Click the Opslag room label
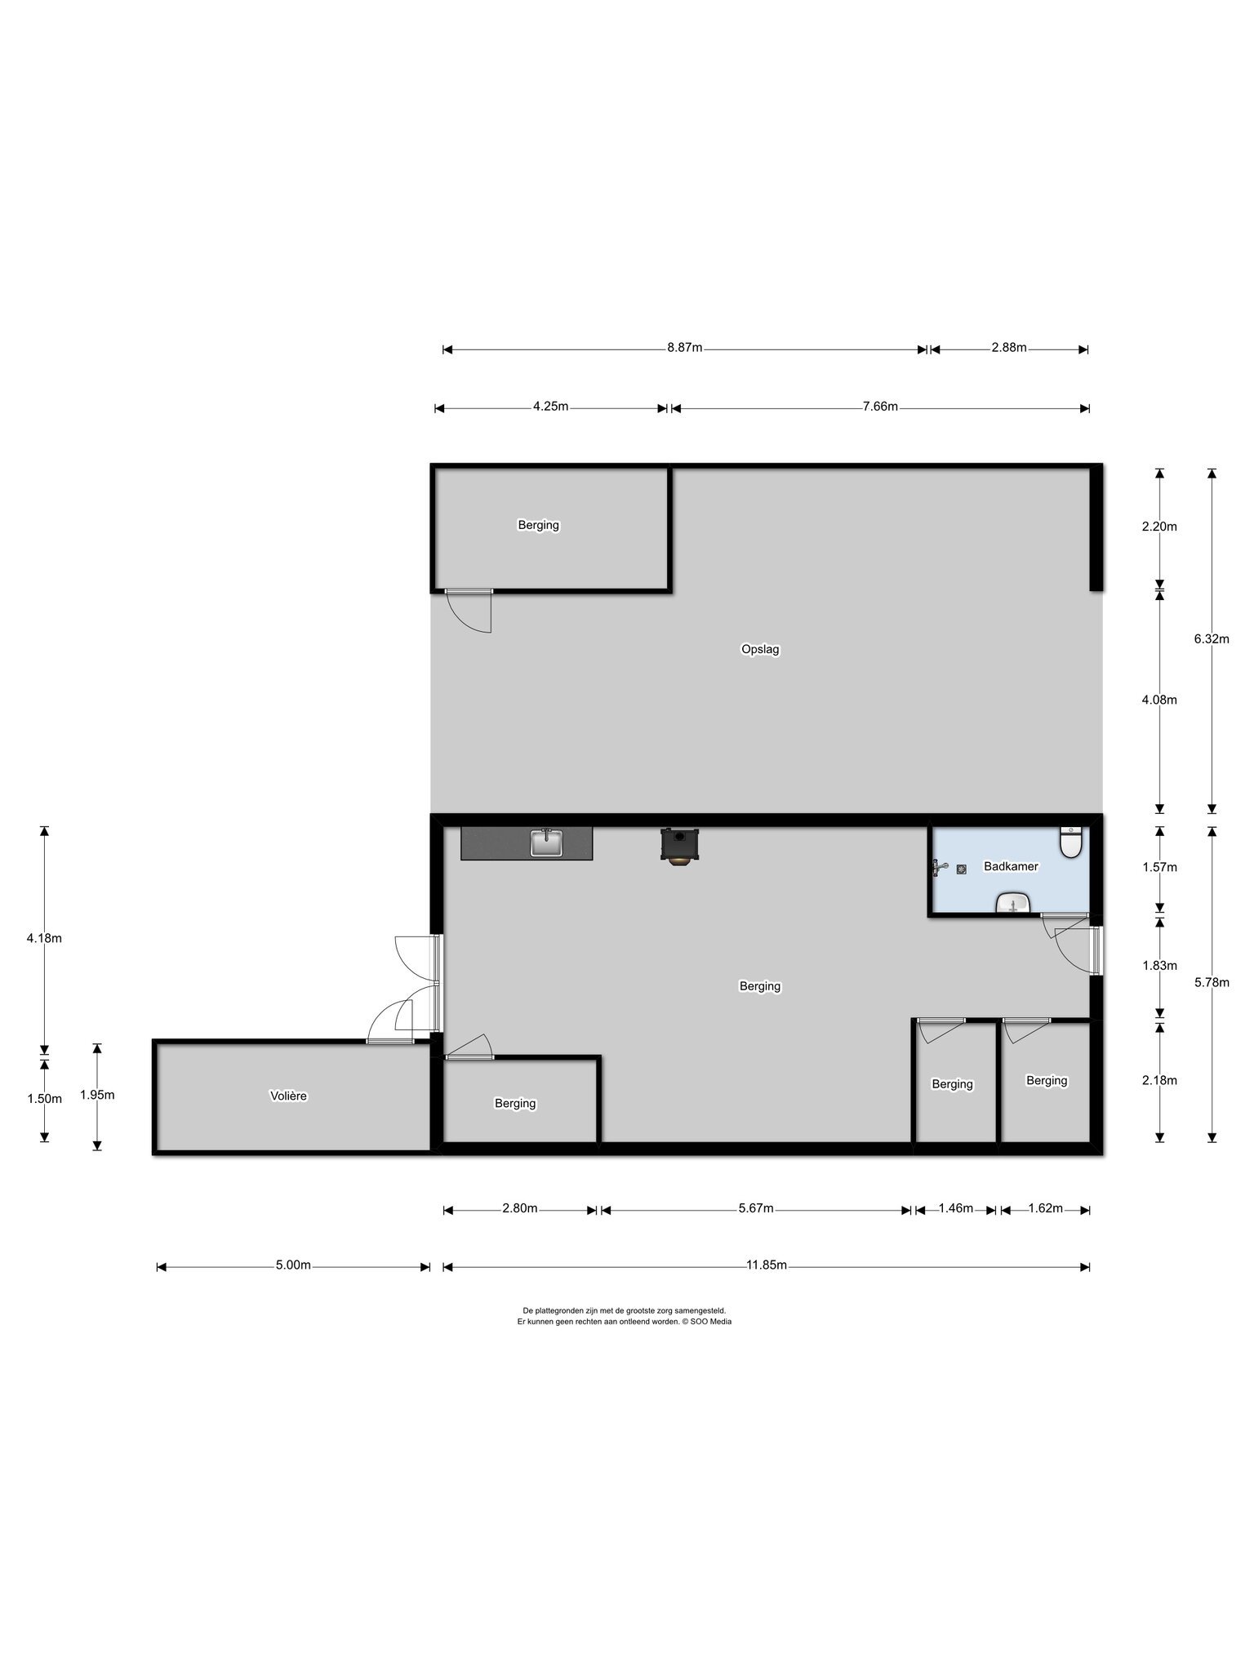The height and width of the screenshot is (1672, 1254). tap(760, 651)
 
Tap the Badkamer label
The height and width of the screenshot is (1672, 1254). tap(1011, 866)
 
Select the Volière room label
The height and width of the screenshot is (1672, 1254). tap(288, 1096)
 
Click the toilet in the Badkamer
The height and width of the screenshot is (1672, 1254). tap(1070, 843)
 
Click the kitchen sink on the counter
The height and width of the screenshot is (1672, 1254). tap(546, 843)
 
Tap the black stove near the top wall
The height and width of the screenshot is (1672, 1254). tap(678, 846)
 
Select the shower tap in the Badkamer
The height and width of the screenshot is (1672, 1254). tap(940, 868)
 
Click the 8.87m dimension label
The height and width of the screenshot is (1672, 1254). tap(684, 348)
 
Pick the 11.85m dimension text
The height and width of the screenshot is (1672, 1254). tap(766, 1266)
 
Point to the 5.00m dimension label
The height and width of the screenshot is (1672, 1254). tap(293, 1266)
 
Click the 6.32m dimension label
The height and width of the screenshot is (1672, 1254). tap(1212, 639)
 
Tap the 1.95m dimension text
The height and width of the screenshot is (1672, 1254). tap(97, 1096)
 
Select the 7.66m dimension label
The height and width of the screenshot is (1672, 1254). tap(880, 407)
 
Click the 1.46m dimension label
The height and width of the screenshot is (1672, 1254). tap(956, 1208)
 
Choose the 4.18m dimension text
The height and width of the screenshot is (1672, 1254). tap(44, 938)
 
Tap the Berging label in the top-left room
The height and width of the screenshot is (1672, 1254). tap(538, 526)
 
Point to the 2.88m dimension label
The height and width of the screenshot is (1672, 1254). tap(1009, 348)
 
